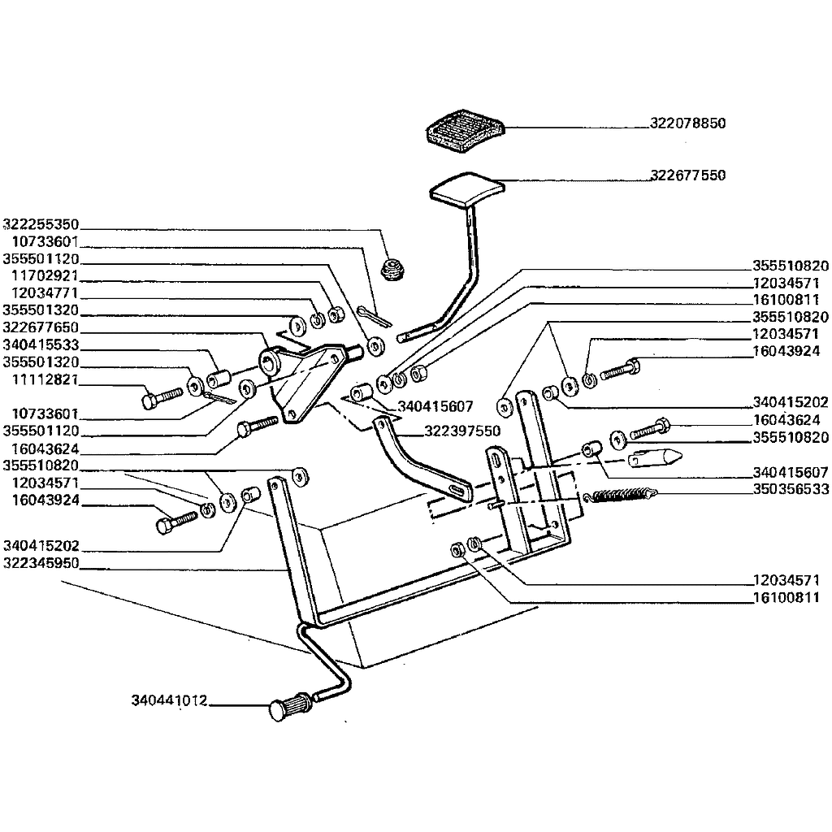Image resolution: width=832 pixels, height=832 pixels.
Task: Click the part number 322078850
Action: (687, 123)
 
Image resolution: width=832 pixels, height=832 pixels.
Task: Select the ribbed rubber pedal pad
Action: (466, 131)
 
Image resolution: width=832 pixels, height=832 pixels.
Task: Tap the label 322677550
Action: (687, 175)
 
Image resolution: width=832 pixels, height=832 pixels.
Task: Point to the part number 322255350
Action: (41, 224)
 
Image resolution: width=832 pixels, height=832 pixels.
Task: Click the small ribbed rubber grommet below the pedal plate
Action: (393, 270)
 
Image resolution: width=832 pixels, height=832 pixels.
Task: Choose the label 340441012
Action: (169, 700)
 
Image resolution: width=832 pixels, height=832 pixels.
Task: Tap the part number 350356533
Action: (791, 489)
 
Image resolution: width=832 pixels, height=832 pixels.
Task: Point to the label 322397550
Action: (462, 431)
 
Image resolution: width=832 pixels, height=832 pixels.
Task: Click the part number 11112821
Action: (45, 379)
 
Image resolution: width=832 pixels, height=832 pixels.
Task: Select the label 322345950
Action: (41, 562)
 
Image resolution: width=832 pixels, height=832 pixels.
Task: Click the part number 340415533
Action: (41, 344)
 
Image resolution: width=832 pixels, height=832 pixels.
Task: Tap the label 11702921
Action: (45, 276)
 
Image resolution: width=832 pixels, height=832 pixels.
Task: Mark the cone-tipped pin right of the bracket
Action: (655, 457)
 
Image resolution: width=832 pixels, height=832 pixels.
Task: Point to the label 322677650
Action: (41, 327)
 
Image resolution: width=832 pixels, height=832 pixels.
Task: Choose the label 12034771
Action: (45, 292)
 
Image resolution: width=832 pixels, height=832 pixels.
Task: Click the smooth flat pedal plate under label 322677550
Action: (467, 188)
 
